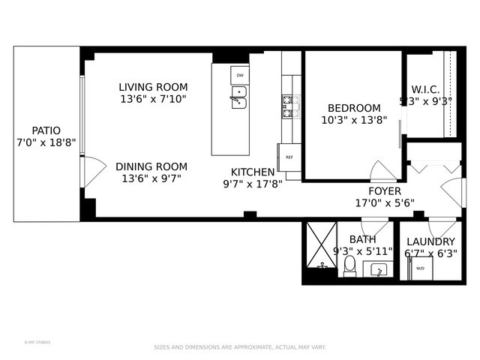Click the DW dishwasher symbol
pyautogui.click(x=240, y=76)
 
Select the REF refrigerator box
pyautogui.click(x=289, y=157)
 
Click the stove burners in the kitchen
pyautogui.click(x=290, y=106)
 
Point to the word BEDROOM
pyautogui.click(x=351, y=108)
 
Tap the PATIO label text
pyautogui.click(x=46, y=130)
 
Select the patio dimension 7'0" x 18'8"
pyautogui.click(x=46, y=142)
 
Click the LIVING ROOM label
pyautogui.click(x=153, y=87)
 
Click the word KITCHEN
pyautogui.click(x=253, y=172)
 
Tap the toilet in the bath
pyautogui.click(x=349, y=265)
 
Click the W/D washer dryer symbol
pyautogui.click(x=420, y=268)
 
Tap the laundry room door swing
pyautogui.click(x=442, y=226)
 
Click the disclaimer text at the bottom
pyautogui.click(x=240, y=347)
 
